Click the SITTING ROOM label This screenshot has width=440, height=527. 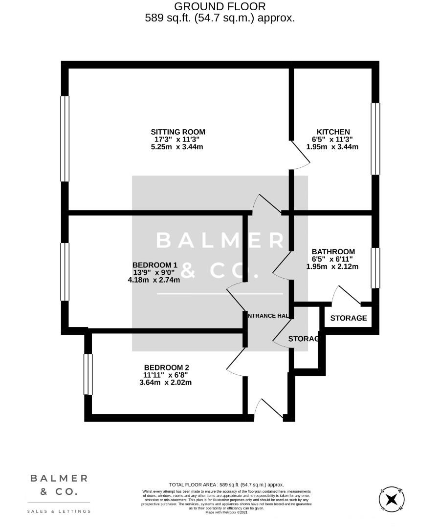pyautogui.click(x=177, y=132)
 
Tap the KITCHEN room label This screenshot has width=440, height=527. pyautogui.click(x=333, y=132)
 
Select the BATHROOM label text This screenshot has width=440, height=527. pyautogui.click(x=333, y=252)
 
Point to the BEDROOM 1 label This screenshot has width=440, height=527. pyautogui.click(x=154, y=265)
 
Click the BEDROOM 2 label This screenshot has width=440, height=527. pyautogui.click(x=166, y=367)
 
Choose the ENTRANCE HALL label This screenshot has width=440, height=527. pyautogui.click(x=268, y=316)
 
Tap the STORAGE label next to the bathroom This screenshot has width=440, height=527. pyautogui.click(x=349, y=318)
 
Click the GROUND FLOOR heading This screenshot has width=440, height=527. pyautogui.click(x=220, y=6)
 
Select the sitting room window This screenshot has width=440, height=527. pyautogui.click(x=65, y=139)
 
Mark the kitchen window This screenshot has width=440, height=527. pyautogui.click(x=375, y=139)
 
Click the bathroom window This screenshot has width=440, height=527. pyautogui.click(x=375, y=268)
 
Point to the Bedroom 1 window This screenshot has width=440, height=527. pyautogui.click(x=65, y=271)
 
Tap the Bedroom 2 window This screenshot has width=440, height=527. pyautogui.click(x=88, y=374)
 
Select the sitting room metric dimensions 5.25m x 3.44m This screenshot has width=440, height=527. pyautogui.click(x=177, y=146)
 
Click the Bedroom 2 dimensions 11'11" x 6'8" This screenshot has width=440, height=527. pyautogui.click(x=166, y=375)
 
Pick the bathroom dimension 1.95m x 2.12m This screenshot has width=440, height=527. pyautogui.click(x=332, y=266)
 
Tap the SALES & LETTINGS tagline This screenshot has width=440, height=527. pyautogui.click(x=59, y=511)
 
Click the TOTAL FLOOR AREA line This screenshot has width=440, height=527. pyautogui.click(x=226, y=485)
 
